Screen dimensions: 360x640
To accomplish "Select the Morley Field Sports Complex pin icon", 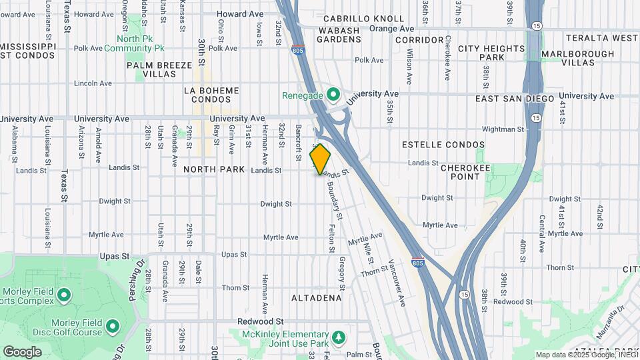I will (64, 294).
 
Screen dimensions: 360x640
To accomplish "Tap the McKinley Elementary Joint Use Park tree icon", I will (339, 337).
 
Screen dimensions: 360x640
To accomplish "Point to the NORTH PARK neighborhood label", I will (214, 169).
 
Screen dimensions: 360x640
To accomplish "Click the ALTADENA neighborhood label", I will (316, 298).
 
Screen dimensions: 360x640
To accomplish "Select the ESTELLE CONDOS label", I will (443, 145).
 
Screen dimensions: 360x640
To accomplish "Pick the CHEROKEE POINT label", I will (465, 172).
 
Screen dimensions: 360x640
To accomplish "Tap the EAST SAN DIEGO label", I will (515, 99).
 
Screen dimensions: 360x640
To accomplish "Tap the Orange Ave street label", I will (392, 29).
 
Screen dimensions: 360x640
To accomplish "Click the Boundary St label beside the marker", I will (335, 202).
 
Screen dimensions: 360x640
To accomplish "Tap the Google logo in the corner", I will (23, 352).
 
